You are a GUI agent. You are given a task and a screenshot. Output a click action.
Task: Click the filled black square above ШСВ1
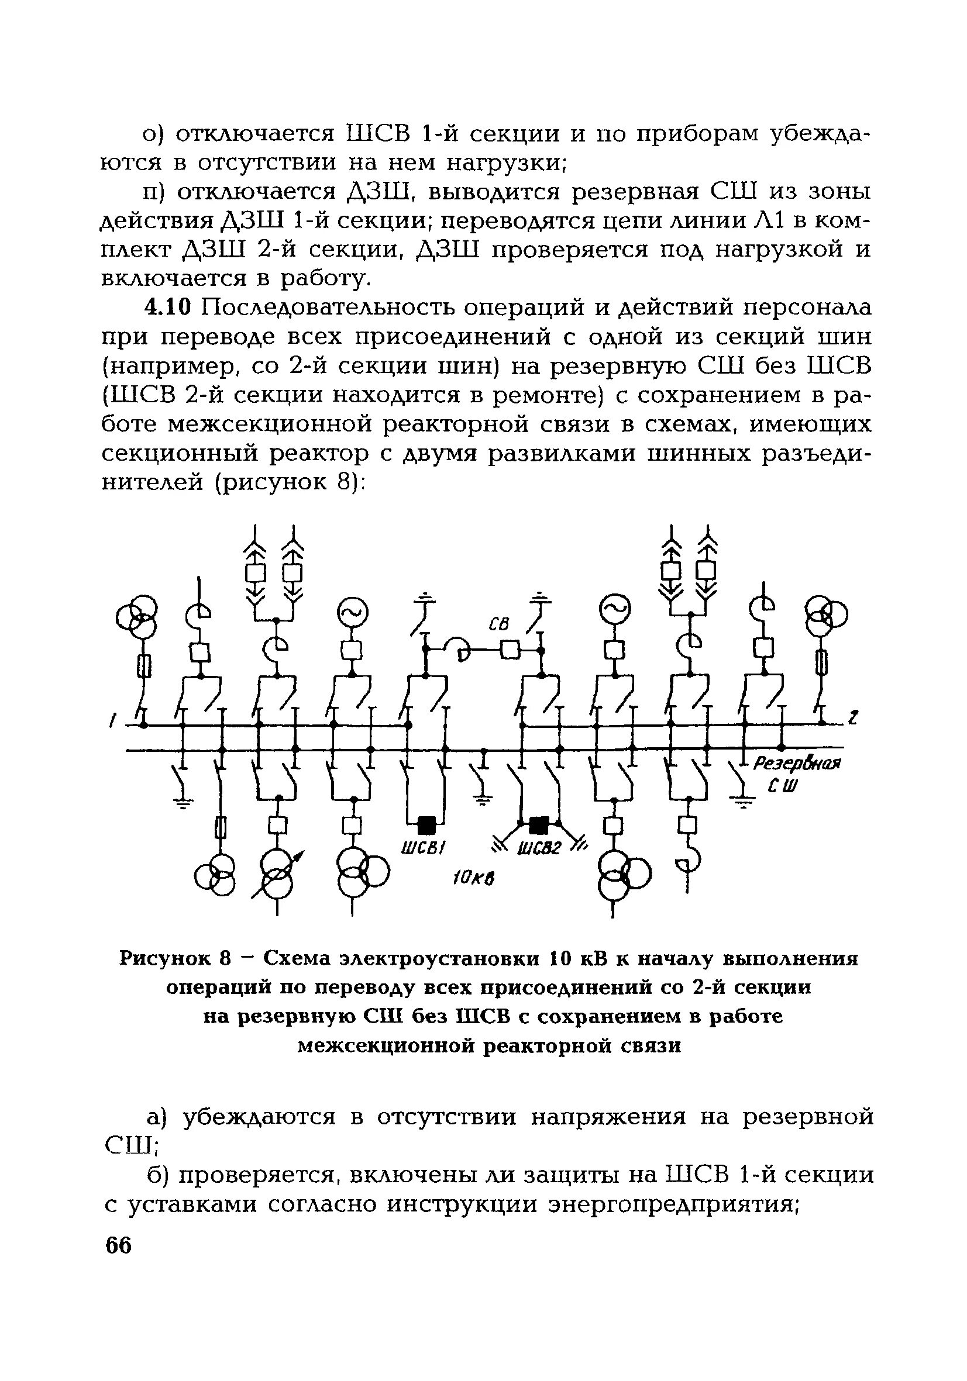point(426,823)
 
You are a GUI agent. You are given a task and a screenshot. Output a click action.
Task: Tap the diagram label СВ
point(498,625)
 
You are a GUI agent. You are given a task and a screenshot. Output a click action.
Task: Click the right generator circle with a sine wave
point(614,611)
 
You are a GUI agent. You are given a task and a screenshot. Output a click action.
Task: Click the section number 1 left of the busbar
point(112,719)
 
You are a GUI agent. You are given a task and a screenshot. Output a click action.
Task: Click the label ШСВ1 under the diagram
point(422,848)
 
